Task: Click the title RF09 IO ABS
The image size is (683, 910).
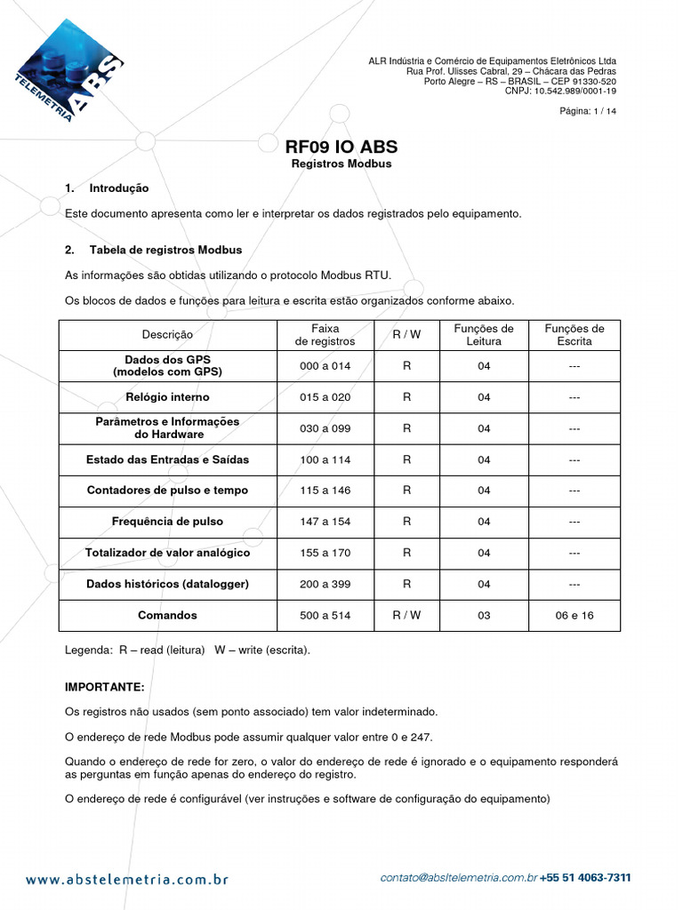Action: pos(341,147)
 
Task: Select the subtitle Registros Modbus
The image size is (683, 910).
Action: pos(341,164)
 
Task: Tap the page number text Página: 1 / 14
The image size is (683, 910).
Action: pos(587,111)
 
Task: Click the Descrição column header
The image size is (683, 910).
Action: pos(167,335)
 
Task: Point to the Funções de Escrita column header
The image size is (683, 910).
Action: pos(574,335)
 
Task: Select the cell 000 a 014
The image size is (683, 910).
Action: pos(325,366)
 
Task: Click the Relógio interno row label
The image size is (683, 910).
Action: pos(167,397)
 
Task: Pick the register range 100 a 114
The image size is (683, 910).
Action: pos(325,459)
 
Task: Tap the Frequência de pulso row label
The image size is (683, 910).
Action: pos(167,522)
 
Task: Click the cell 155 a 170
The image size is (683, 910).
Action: pos(325,553)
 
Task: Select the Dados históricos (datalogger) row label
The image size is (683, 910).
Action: pos(167,584)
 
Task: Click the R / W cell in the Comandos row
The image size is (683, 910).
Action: pos(406,615)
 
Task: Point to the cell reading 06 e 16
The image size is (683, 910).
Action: pos(574,615)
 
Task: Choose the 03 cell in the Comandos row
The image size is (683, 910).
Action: pos(483,615)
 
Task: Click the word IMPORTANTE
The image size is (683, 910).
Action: pos(104,688)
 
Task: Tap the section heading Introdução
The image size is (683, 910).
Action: pos(119,188)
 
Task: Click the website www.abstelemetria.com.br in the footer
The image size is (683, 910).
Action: pos(127,880)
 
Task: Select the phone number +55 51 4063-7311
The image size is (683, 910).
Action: pos(585,878)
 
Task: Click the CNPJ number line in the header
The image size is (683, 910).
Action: pos(560,91)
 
